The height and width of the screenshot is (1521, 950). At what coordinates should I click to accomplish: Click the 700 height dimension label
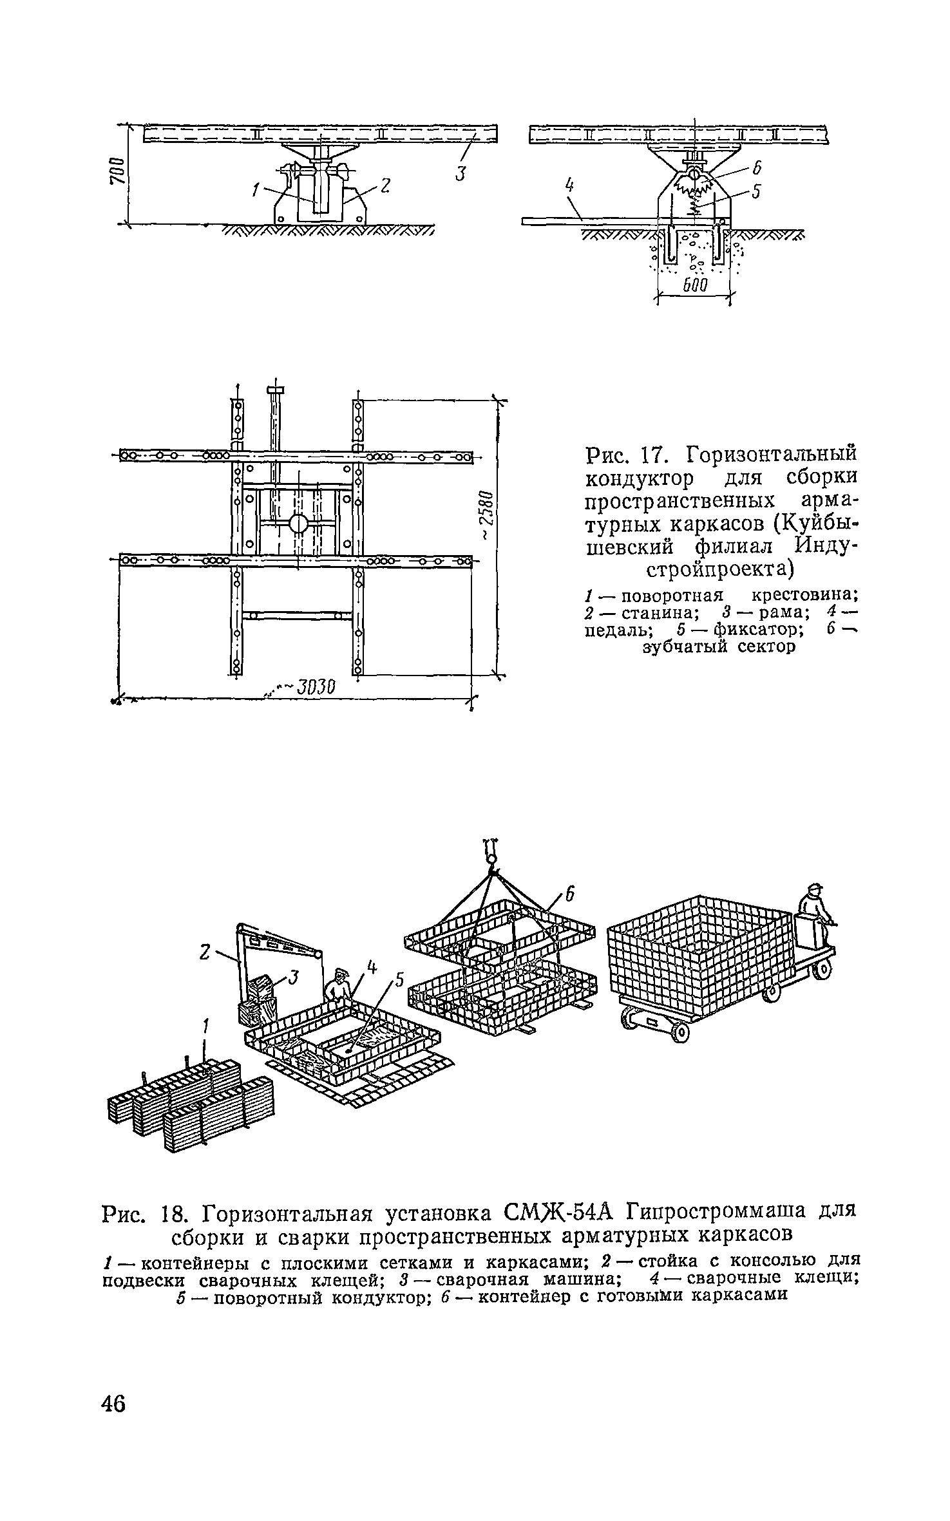(116, 171)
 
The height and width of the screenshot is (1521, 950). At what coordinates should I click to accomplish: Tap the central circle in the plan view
(299, 522)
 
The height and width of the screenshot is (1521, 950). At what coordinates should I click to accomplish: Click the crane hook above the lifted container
(490, 851)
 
